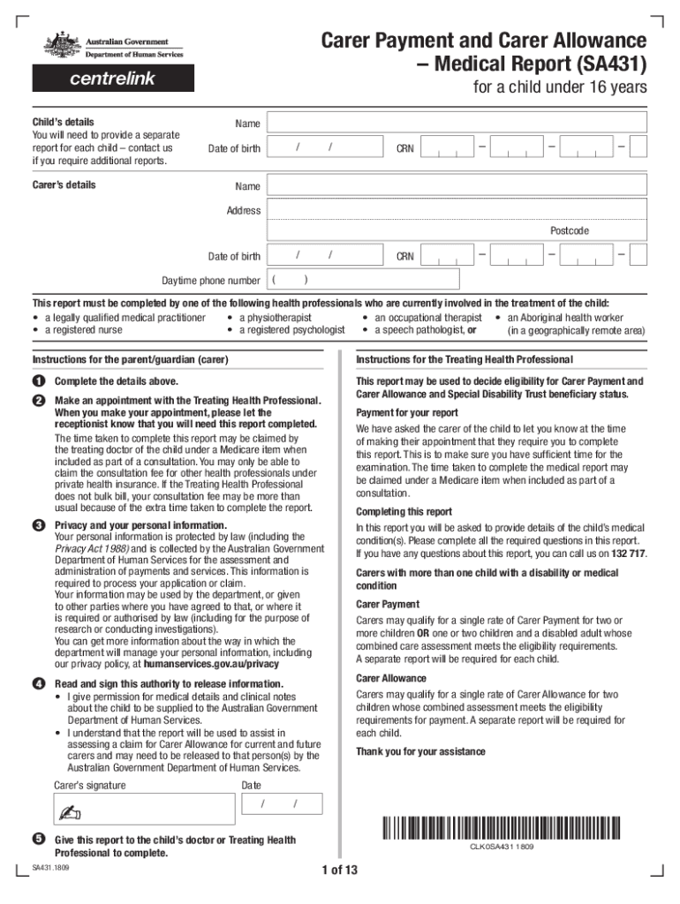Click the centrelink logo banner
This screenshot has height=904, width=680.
point(113,79)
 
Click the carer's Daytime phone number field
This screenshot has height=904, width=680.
point(363,280)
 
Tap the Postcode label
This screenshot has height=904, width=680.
point(569,231)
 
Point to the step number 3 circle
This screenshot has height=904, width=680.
point(39,526)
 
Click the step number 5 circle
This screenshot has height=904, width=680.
point(39,839)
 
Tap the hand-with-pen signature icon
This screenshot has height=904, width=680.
point(66,811)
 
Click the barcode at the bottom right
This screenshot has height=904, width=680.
point(500,828)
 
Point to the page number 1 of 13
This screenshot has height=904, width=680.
point(340,870)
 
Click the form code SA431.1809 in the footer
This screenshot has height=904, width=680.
point(52,868)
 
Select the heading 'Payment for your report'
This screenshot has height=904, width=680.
point(407,413)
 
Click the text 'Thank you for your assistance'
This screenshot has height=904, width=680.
point(420,751)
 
